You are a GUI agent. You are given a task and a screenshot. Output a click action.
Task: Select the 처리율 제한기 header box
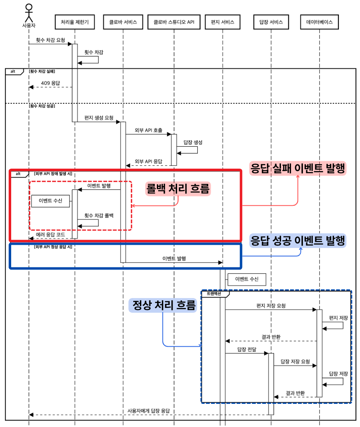75,22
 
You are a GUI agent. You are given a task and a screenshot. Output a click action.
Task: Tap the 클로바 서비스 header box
123,22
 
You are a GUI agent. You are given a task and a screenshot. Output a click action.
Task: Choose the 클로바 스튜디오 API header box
174,22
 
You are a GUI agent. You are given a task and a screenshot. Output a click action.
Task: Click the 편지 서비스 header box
222,22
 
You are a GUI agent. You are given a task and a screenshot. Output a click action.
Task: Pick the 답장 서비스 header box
271,22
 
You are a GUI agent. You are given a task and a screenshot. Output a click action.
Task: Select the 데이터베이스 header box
319,22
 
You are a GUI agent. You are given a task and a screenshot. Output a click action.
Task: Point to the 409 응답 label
50,83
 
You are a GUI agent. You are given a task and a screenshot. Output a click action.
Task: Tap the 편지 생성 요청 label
99,118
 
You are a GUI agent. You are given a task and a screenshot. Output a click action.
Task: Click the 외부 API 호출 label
149,130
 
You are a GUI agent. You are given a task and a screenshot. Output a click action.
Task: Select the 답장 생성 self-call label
193,142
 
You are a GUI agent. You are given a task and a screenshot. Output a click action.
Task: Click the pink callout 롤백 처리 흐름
178,189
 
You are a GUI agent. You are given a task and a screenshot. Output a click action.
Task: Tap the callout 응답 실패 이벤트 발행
298,168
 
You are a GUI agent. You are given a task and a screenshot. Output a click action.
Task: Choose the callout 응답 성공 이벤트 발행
298,241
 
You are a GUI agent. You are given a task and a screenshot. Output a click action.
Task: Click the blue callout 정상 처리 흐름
163,305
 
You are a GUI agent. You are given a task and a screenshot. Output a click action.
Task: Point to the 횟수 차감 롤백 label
99,216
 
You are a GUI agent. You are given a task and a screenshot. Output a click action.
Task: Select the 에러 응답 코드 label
50,235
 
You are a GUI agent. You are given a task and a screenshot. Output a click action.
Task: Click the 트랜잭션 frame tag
214,294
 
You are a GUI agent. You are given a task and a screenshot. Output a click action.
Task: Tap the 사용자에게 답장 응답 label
149,411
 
